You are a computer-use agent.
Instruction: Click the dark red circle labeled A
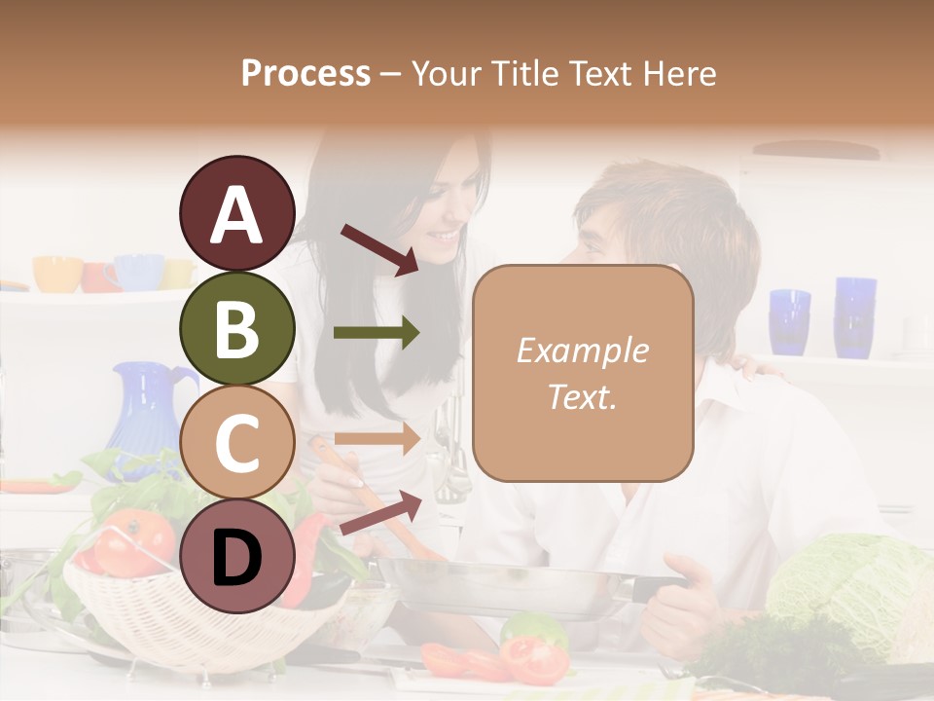point(236,213)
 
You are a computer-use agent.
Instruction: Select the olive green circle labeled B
point(236,328)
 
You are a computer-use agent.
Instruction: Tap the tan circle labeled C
point(236,442)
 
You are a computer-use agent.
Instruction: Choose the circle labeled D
point(236,556)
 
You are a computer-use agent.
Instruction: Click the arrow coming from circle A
point(378,249)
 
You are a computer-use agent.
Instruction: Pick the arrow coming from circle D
point(380,513)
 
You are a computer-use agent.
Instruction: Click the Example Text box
point(583,373)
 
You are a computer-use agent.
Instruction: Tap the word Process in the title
point(305,74)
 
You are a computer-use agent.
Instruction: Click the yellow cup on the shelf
point(57,274)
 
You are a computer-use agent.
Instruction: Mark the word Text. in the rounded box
point(582,396)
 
